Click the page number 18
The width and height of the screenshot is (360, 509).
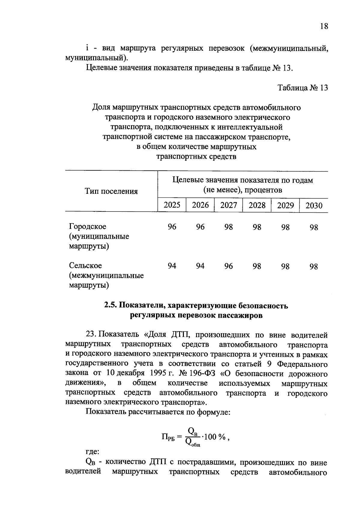click(324, 26)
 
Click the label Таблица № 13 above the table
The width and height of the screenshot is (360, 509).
click(303, 88)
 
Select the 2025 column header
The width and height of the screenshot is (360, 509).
click(172, 205)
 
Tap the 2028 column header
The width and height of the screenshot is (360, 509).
click(257, 205)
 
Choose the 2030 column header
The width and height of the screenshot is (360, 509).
click(314, 205)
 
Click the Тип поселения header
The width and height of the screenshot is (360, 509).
click(111, 191)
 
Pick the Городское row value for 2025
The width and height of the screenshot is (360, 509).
click(172, 227)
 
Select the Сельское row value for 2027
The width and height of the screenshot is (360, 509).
click(229, 266)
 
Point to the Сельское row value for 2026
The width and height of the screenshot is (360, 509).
click(200, 266)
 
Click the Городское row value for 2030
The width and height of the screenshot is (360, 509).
click(314, 227)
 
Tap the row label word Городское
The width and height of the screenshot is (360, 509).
click(88, 226)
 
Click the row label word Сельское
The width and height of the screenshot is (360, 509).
click(85, 266)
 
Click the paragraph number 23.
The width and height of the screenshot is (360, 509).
click(91, 334)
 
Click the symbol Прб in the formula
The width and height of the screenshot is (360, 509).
click(168, 437)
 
